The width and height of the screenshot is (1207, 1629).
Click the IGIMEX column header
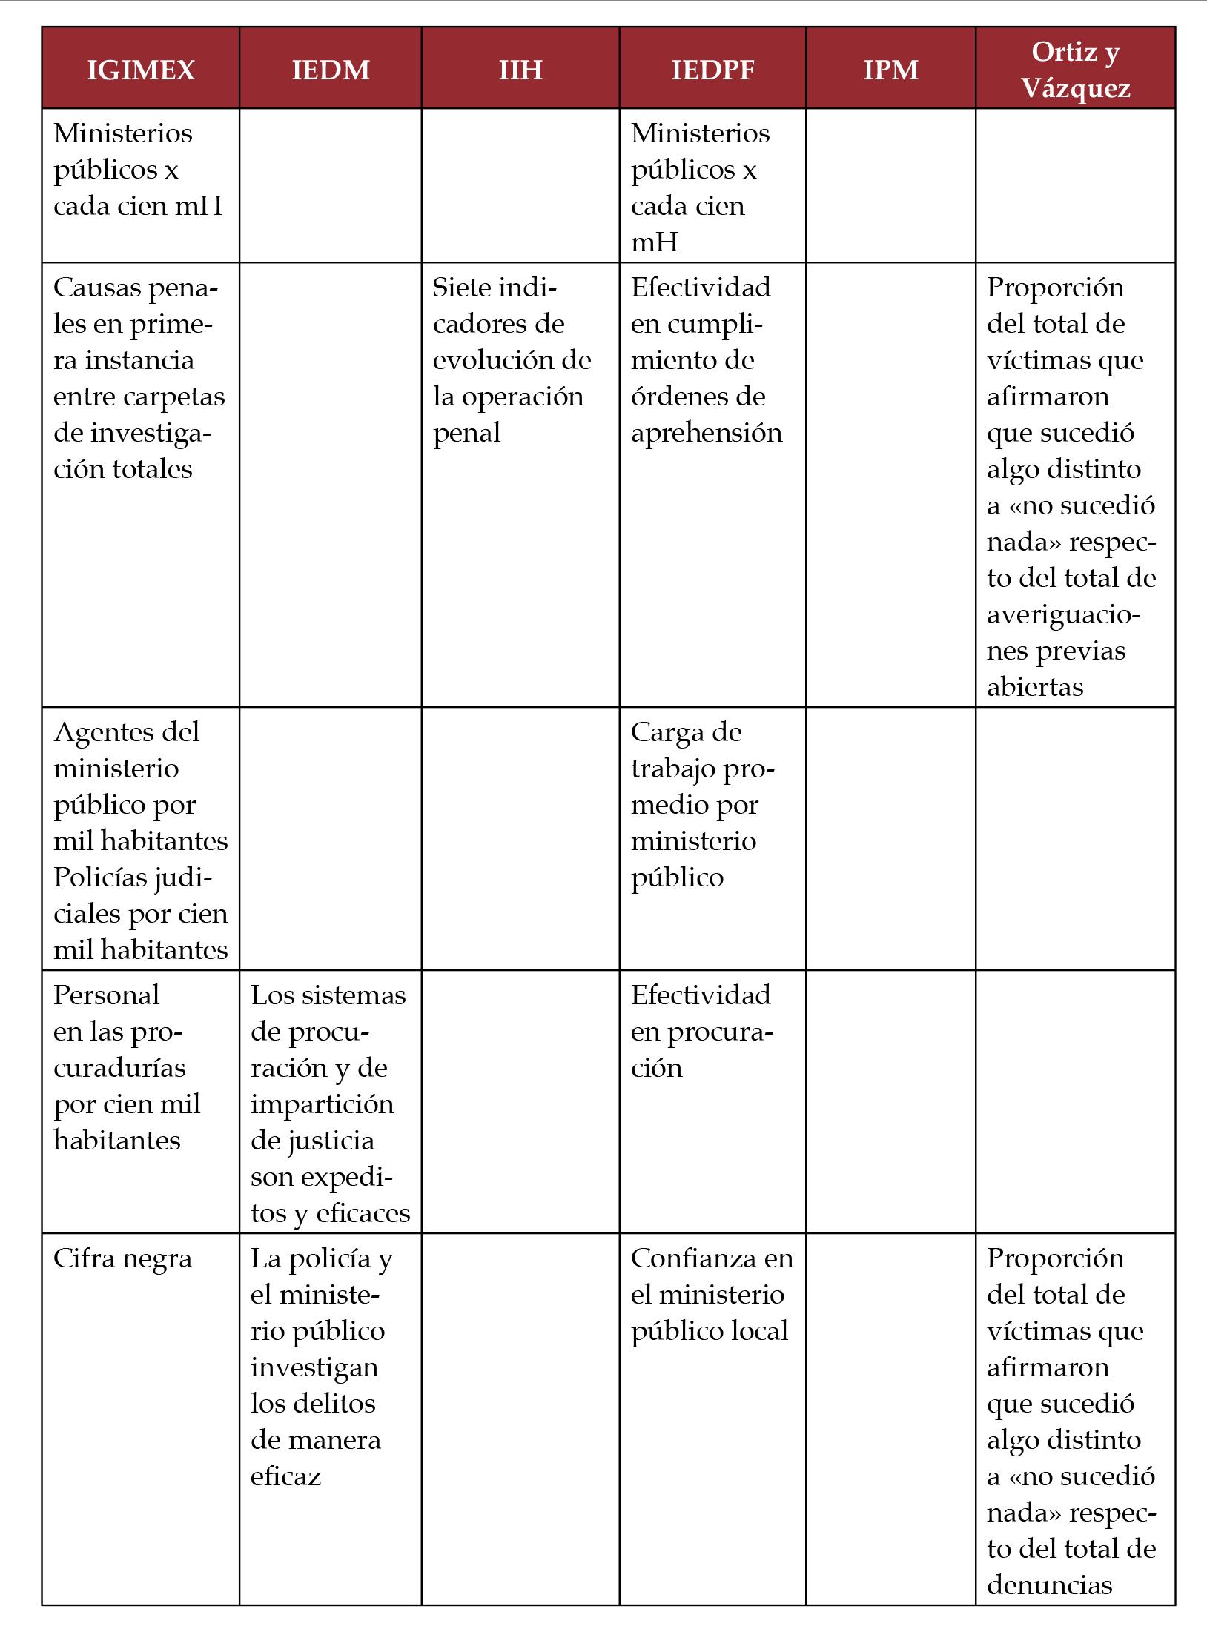[x=141, y=70]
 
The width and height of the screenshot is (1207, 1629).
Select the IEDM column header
[x=331, y=70]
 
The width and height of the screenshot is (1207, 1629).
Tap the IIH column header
[x=520, y=70]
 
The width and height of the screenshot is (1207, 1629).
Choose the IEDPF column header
[x=712, y=70]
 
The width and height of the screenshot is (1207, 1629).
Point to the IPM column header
[x=890, y=70]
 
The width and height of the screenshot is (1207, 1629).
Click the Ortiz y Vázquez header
[x=1075, y=70]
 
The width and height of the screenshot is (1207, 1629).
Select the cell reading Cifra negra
[x=122, y=1258]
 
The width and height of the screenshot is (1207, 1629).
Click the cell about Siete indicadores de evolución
[x=512, y=359]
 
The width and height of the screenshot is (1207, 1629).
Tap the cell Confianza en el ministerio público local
[x=712, y=1295]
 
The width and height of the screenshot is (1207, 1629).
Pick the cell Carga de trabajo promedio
[x=702, y=804]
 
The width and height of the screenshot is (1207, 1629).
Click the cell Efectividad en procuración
[x=701, y=1031]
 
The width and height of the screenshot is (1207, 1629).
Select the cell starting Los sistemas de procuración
[x=330, y=1104]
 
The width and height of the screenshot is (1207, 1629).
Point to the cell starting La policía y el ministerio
[x=322, y=1367]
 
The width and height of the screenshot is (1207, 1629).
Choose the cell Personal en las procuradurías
[x=126, y=1067]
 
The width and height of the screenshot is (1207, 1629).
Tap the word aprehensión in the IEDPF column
[x=707, y=433]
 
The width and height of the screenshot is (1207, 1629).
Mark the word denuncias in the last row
[x=1049, y=1585]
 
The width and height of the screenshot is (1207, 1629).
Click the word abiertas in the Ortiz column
[x=1035, y=687]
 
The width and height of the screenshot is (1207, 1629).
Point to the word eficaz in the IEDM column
[x=285, y=1476]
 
